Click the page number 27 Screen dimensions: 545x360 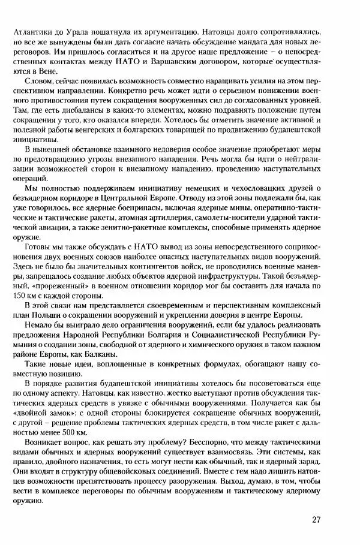point(317,519)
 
